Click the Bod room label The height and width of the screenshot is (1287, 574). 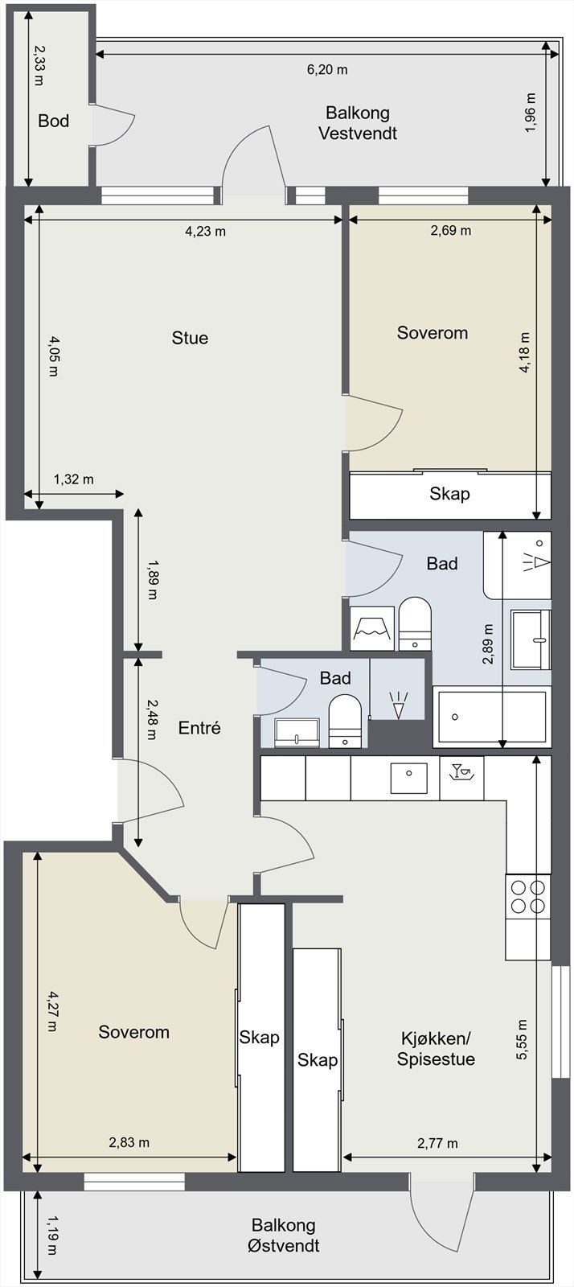pos(53,121)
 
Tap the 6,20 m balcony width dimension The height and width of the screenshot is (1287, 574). pos(327,70)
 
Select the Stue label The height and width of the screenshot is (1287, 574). pos(190,338)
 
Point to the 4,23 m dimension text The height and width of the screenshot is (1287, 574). pos(205,232)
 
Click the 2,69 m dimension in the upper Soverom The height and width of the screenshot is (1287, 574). pos(450,230)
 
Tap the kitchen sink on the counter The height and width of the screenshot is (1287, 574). pos(408,778)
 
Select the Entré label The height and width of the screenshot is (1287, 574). pos(199,728)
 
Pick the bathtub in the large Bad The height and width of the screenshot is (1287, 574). pos(491,717)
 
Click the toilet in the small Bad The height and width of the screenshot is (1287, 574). pos(344,722)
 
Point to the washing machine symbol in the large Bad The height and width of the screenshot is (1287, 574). pos(373,628)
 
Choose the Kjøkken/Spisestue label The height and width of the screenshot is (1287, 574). pos(436,1049)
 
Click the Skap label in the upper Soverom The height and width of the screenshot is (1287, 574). pos(449,494)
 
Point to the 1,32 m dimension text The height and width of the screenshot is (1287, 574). pos(74,479)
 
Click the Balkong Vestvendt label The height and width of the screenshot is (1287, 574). pos(358,123)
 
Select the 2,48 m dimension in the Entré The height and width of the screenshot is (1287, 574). pos(151,719)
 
